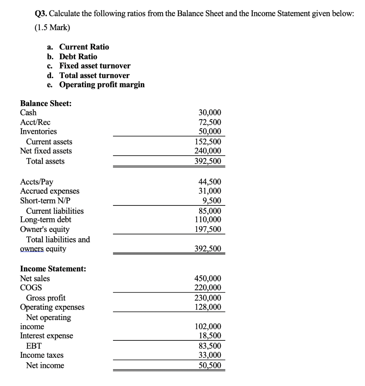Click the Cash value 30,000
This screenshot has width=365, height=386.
click(210, 112)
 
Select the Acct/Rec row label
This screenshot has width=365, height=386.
click(35, 122)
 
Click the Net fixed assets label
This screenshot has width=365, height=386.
click(46, 151)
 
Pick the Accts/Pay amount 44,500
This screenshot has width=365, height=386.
click(210, 182)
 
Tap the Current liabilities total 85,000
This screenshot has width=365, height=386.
click(210, 211)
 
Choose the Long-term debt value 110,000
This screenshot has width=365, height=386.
click(208, 220)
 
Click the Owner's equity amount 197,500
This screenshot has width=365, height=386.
click(208, 229)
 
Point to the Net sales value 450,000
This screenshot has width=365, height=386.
click(208, 279)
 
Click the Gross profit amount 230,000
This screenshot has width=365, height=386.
click(208, 298)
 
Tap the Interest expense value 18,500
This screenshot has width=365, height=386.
click(210, 335)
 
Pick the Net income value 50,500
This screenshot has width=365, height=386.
click(210, 365)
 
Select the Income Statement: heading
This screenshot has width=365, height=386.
click(53, 269)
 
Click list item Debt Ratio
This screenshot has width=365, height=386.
click(78, 57)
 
